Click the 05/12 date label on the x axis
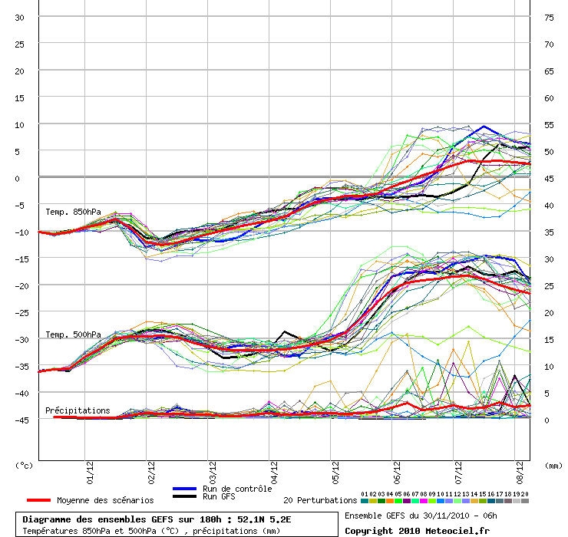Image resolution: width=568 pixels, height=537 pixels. (x=335, y=473)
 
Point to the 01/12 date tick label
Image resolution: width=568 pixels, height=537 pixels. (x=90, y=473)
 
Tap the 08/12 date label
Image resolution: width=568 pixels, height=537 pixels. (x=520, y=473)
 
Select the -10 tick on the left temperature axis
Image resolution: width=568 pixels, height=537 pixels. (x=21, y=232)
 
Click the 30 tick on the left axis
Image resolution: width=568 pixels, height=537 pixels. (x=19, y=18)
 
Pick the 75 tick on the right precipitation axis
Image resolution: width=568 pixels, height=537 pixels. (x=549, y=18)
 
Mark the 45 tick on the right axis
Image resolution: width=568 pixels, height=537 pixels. (x=549, y=179)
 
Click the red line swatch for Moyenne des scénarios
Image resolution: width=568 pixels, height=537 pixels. (x=38, y=500)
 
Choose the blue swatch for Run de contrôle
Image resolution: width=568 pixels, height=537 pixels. (x=185, y=489)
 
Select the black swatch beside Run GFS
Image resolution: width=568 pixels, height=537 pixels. (x=185, y=496)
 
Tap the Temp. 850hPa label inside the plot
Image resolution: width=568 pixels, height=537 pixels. (x=73, y=212)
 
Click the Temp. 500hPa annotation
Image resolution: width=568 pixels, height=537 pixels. (x=73, y=334)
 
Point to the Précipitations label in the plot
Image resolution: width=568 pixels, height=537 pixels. (x=78, y=410)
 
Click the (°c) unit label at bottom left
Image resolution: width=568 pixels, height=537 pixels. (x=24, y=466)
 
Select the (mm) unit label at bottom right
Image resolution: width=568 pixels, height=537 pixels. (x=553, y=466)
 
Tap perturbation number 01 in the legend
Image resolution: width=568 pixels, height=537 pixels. (x=365, y=494)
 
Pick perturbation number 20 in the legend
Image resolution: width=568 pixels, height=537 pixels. (x=524, y=494)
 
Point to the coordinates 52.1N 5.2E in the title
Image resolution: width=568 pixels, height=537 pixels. (x=264, y=519)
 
